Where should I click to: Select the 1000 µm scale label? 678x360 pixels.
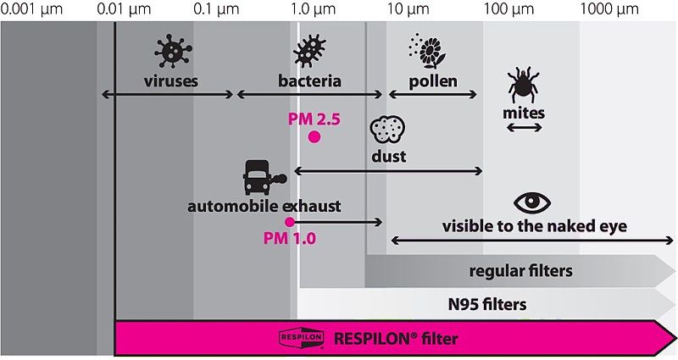(x=609, y=9)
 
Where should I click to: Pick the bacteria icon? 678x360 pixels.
(x=309, y=52)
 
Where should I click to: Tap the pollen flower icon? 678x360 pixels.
(x=430, y=52)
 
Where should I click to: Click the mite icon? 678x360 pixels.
(x=524, y=85)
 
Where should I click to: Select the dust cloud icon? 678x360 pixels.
(x=387, y=130)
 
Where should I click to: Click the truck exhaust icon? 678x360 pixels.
(x=264, y=179)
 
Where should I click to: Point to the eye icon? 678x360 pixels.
(x=533, y=202)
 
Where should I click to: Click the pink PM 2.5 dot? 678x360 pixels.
(x=314, y=136)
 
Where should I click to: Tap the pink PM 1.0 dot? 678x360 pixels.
(x=290, y=222)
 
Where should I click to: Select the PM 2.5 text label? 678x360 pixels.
(x=314, y=119)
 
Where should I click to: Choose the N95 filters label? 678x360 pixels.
(x=487, y=304)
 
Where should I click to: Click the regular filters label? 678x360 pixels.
(x=521, y=271)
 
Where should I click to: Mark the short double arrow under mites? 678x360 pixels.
(x=525, y=127)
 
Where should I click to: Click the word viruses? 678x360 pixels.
(x=170, y=82)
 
